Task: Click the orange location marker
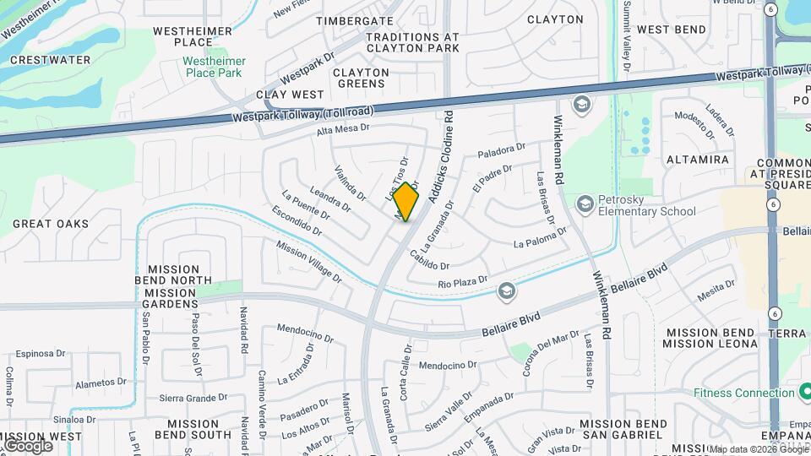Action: coord(406,202)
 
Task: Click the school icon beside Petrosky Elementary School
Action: coord(585,204)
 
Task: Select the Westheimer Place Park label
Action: coord(215,67)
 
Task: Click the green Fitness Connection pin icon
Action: coord(802,393)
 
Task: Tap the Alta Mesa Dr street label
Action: coord(344,129)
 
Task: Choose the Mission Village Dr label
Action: coord(309,262)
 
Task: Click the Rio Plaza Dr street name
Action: coord(463,281)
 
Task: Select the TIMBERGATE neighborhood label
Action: coord(355,20)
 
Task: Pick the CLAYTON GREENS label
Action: coord(361,79)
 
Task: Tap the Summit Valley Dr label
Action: coord(627,35)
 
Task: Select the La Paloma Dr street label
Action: coord(541,242)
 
